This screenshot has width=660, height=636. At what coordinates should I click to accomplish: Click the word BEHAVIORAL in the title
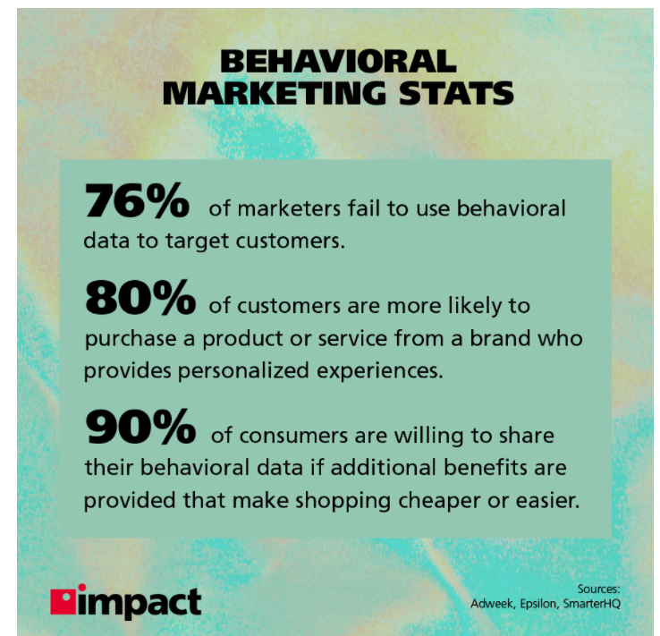[338, 62]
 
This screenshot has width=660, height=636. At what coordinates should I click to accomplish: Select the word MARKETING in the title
[275, 93]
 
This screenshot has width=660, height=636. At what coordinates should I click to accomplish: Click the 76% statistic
[137, 200]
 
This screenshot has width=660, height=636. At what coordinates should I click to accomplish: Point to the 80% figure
[140, 298]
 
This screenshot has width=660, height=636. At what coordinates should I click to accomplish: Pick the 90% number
[140, 427]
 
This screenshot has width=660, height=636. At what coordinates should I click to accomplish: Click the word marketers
[289, 208]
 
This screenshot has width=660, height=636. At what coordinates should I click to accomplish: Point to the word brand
[495, 338]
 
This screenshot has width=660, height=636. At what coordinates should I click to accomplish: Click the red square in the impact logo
[63, 602]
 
